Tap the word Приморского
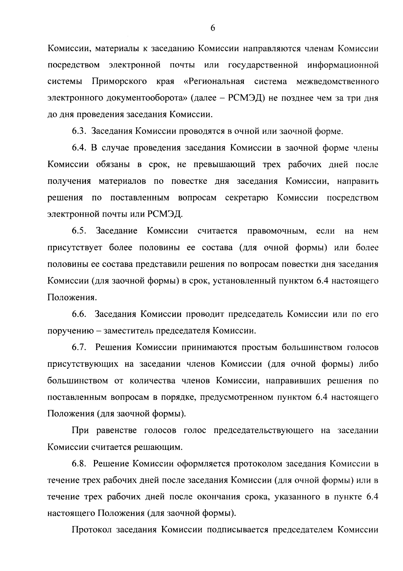[x=119, y=82]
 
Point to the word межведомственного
[x=338, y=82]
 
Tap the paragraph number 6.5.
[x=79, y=231]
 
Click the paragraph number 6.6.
[x=79, y=314]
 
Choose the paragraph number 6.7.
[x=79, y=348]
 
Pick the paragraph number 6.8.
[x=79, y=464]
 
